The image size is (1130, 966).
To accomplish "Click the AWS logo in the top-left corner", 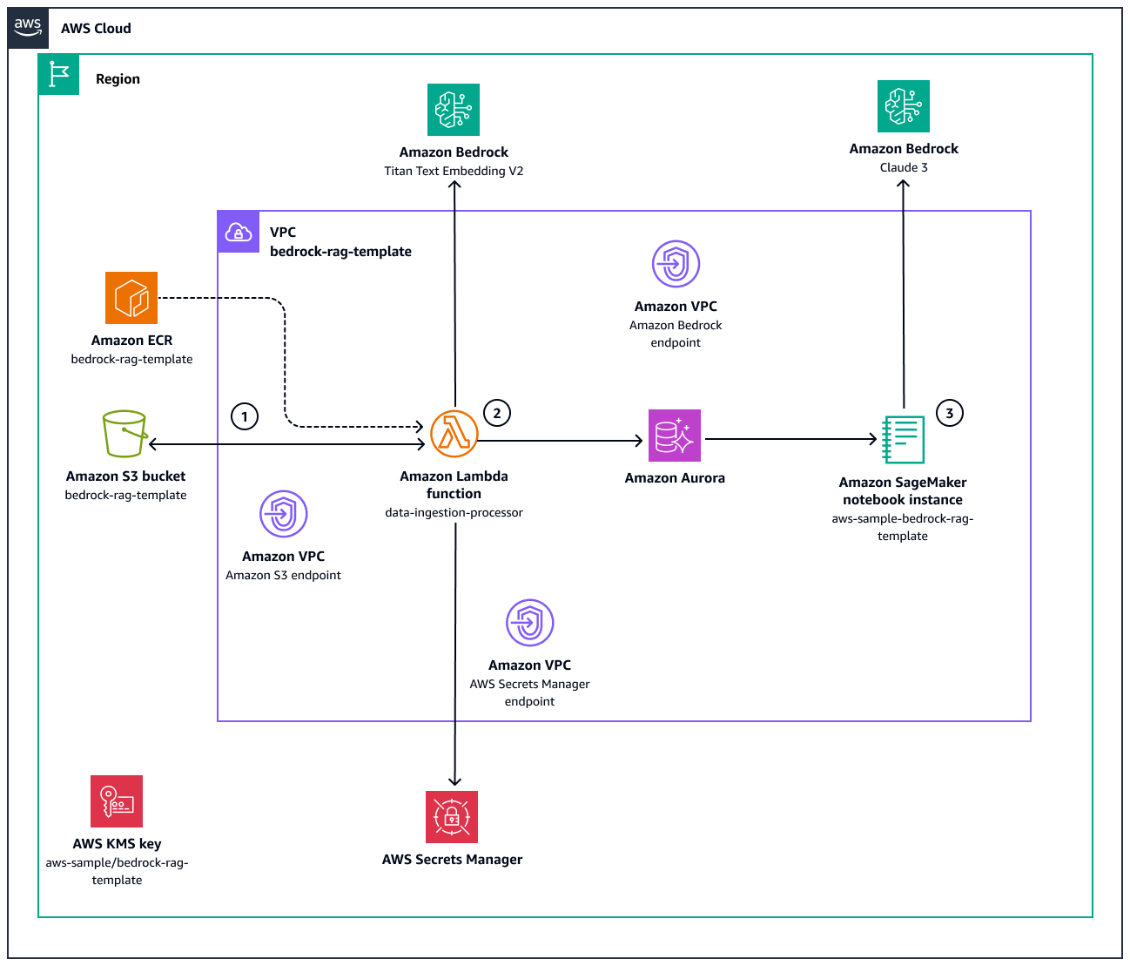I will pos(28,28).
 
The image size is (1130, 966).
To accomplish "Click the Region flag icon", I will pos(58,75).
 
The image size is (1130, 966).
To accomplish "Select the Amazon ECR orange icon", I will pos(131,298).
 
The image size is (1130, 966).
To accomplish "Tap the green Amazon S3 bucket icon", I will pos(124,434).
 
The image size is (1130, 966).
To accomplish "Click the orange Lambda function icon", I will pos(454,434).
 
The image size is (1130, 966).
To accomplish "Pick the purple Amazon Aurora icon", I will pos(675,436).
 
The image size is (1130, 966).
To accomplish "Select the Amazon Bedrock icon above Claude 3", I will pos(904,106).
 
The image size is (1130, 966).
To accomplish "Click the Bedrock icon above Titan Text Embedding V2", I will pos(454,110).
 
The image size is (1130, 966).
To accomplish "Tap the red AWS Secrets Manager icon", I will pos(452,817).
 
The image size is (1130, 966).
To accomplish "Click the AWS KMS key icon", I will pos(117,801).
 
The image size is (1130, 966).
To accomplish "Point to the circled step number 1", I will pos(245,417).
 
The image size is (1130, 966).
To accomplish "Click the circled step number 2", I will pos(497,413).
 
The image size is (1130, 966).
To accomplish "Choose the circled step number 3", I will pos(950,413).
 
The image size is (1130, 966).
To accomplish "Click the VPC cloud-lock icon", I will pos(239,232).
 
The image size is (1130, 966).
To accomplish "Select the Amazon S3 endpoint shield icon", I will pos(283,514).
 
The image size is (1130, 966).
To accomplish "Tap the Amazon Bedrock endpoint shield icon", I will pos(676,264).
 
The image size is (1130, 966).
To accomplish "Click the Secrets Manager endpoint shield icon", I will pos(529,623).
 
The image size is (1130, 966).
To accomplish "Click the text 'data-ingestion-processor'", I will pos(454,512).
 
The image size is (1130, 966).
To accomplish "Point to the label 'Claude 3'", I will pos(904,167).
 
